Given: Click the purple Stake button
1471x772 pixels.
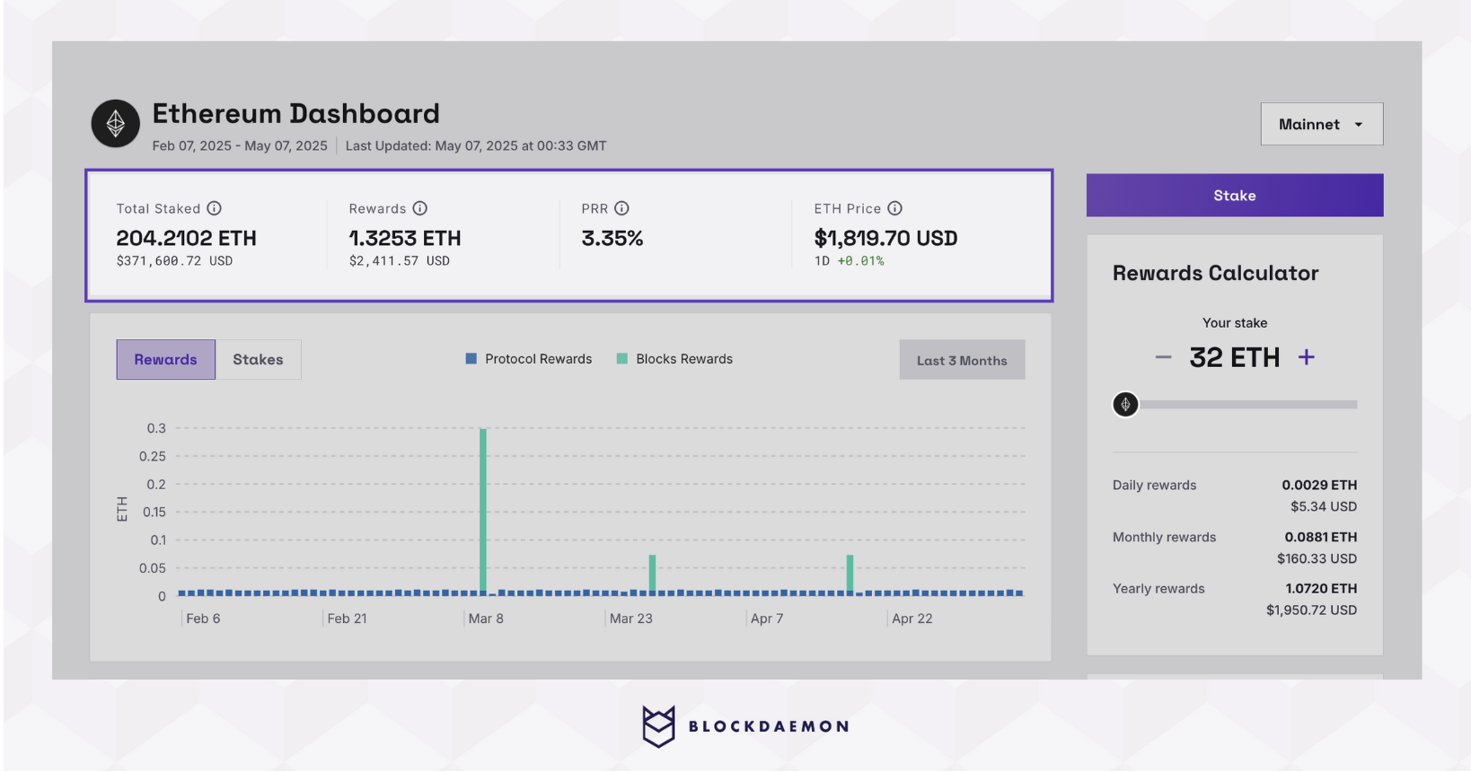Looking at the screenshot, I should coord(1234,196).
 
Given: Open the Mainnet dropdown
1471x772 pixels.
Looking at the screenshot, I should coord(1321,125).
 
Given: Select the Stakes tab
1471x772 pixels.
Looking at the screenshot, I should coord(258,360).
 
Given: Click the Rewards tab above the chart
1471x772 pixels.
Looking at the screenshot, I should coord(165,360).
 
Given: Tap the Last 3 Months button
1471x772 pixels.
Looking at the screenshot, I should coord(961,361).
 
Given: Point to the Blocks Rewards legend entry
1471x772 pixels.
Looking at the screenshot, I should coord(674,359).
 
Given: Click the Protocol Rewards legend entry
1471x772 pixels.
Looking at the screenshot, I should coord(529,359).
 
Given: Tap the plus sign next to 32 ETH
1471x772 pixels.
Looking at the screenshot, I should coord(1307,357).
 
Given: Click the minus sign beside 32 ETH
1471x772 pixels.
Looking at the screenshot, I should coord(1163,357).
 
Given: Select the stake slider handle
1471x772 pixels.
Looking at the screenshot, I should coord(1125,405).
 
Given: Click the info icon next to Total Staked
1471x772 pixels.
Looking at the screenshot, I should coord(214,208).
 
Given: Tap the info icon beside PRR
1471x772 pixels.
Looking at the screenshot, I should coord(621,208).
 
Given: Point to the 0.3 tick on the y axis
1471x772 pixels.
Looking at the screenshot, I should coord(156,428).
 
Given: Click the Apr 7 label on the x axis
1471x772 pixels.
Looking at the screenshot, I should coord(767,618).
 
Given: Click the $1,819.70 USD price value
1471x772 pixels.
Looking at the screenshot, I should coord(885,239).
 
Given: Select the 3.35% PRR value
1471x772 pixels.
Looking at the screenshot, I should coord(612,239).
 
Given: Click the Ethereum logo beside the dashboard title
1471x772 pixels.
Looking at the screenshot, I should coord(116,124).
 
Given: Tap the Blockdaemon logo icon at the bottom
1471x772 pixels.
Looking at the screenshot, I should coord(658,726).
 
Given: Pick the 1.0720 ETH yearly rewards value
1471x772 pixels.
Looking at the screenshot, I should coord(1321,589).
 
